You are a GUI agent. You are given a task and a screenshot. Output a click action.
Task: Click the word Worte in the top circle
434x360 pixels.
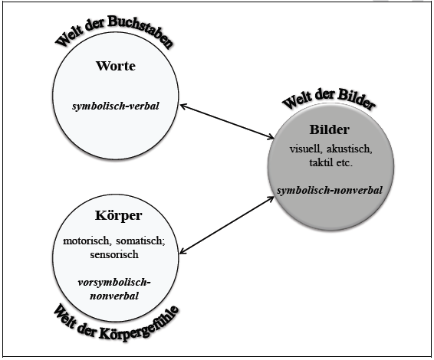click(x=115, y=67)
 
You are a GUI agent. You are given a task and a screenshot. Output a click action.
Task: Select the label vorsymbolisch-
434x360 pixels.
click(x=115, y=283)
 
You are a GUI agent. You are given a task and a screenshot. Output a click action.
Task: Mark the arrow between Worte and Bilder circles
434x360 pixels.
click(x=226, y=120)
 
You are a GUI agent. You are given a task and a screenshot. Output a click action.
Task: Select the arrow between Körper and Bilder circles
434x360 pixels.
click(x=226, y=224)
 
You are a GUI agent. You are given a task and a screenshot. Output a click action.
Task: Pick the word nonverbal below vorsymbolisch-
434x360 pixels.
click(x=115, y=295)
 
